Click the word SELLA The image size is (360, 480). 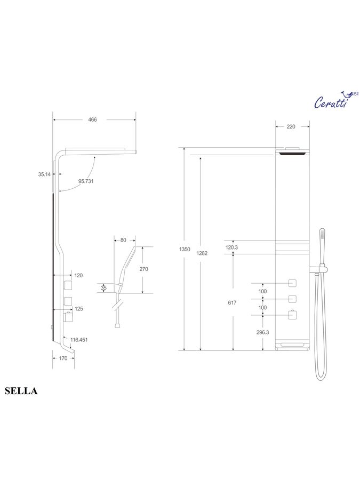click(x=21, y=391)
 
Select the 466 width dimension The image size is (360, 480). click(x=92, y=119)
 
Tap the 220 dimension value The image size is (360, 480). click(x=291, y=126)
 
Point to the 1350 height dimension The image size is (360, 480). click(x=185, y=249)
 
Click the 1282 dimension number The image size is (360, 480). click(x=202, y=253)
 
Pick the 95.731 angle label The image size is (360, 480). click(x=86, y=181)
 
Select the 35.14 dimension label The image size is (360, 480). click(x=44, y=174)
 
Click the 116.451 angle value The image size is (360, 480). click(x=79, y=340)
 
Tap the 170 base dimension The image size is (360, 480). click(x=63, y=358)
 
